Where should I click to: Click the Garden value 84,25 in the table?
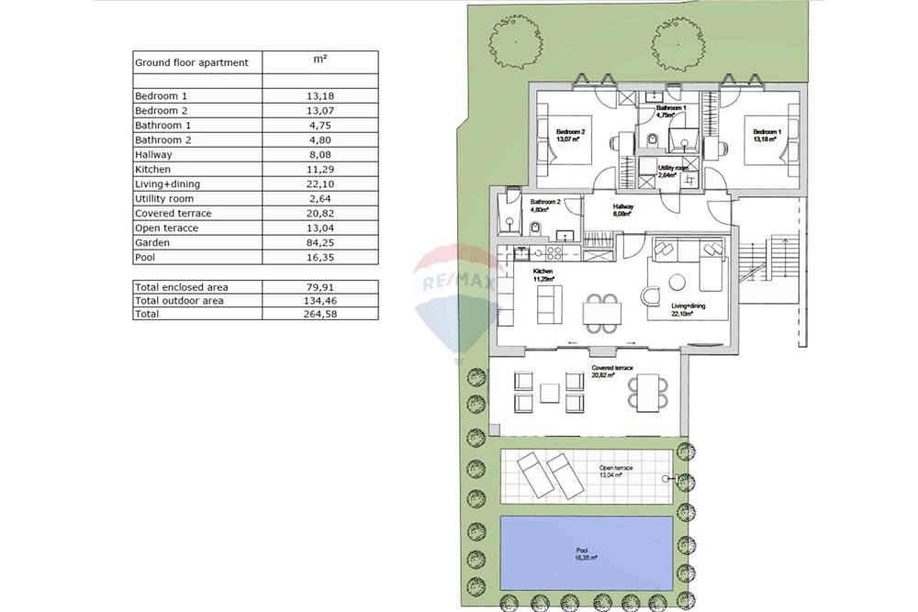click(319, 243)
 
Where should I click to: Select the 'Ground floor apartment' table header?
click(192, 62)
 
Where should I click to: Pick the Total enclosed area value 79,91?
click(319, 287)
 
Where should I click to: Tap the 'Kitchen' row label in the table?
click(152, 169)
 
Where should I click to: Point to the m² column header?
click(319, 60)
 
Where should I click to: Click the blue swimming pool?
click(586, 553)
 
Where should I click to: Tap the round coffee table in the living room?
click(677, 283)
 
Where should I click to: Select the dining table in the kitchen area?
click(601, 313)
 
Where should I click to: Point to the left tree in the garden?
click(515, 42)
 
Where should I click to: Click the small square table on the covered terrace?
click(550, 393)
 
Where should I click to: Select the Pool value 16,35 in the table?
click(319, 258)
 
